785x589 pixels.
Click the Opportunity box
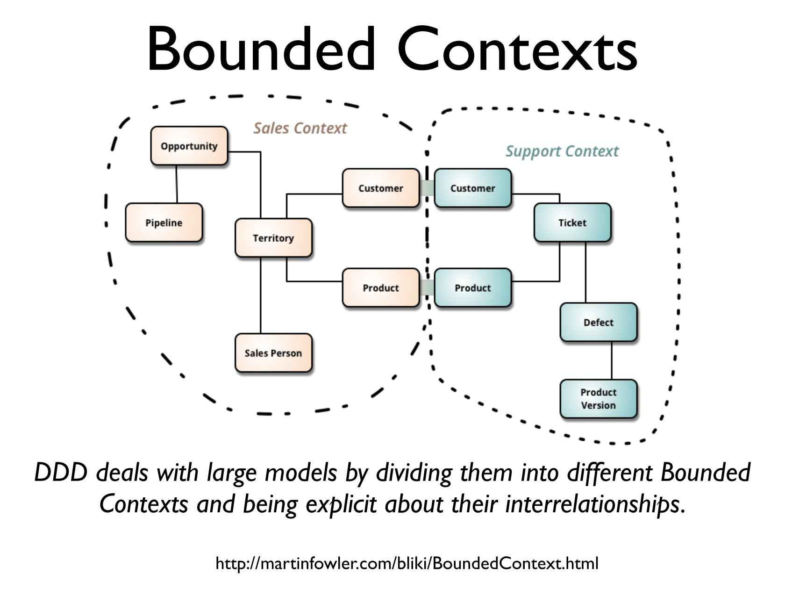(189, 146)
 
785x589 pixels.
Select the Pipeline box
(164, 223)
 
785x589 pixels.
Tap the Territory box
(273, 238)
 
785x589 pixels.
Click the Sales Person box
(273, 353)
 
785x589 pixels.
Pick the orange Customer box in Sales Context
(381, 188)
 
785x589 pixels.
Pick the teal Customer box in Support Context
(473, 188)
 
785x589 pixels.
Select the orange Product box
(381, 287)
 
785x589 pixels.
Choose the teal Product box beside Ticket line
(473, 287)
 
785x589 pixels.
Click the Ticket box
(572, 223)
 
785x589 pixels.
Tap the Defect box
(599, 322)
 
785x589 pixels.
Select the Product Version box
(599, 399)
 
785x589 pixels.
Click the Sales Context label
(300, 128)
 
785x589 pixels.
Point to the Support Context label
(562, 151)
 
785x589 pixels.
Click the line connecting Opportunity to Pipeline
(177, 184)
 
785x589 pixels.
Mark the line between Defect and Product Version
(612, 360)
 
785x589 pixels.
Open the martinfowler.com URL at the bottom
(407, 563)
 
